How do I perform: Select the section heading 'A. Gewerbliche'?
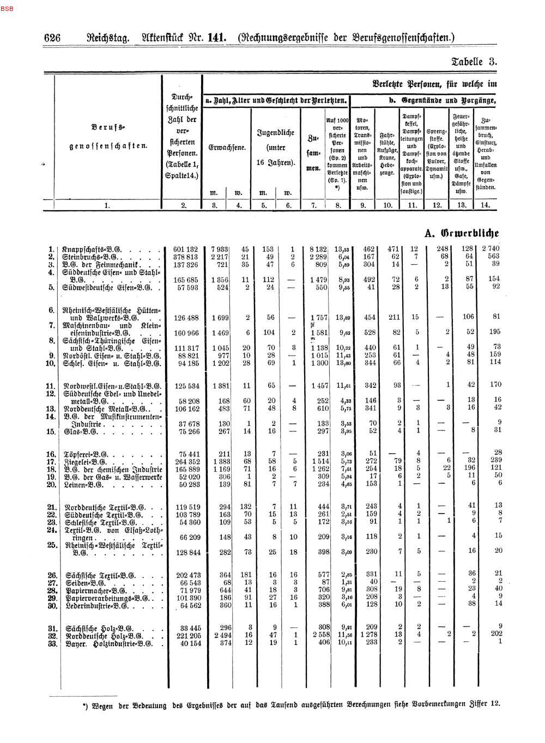coord(462,233)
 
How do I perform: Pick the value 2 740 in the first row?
coord(488,249)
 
